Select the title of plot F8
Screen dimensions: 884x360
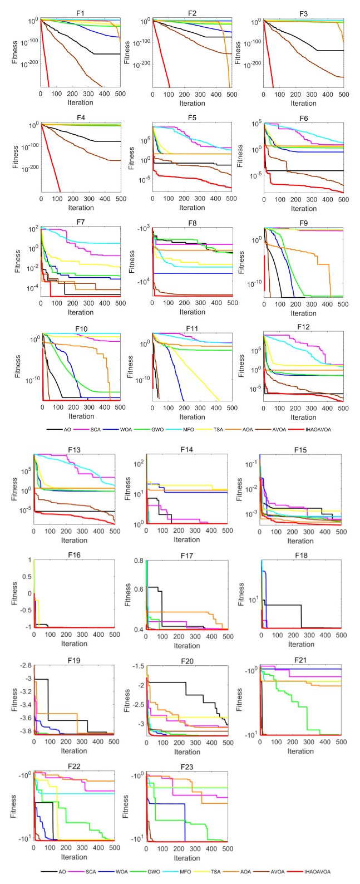point(192,222)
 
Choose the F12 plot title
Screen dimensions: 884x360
point(303,327)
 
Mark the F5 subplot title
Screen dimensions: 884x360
point(192,119)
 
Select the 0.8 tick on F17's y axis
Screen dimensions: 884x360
point(137,561)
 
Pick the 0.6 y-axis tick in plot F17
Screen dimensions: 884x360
point(137,588)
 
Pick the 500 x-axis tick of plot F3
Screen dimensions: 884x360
point(343,95)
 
